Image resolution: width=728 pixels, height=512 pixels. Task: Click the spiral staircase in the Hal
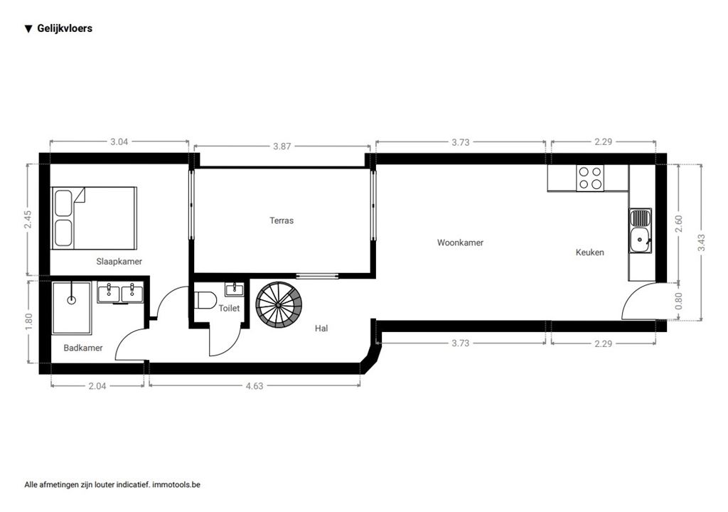point(279,305)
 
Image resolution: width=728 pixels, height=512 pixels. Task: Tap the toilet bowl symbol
point(205,299)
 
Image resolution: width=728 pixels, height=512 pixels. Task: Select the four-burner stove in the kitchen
point(590,178)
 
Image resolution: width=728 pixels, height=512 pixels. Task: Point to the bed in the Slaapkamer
point(94,218)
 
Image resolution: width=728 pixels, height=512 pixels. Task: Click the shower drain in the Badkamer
point(72,299)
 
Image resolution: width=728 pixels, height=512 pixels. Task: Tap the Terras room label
point(282,220)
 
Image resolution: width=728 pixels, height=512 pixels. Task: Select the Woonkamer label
point(460,242)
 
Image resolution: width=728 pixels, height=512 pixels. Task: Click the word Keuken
point(589,252)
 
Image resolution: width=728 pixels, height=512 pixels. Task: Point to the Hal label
point(321,329)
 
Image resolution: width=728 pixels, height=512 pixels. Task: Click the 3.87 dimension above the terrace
point(282,146)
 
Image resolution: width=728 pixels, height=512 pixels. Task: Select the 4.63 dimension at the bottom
point(255,385)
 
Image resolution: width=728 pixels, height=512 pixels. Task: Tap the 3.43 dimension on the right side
point(701,242)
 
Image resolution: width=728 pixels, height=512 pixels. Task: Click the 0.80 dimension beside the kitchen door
point(679,301)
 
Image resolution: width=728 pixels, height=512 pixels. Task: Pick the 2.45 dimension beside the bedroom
point(28,219)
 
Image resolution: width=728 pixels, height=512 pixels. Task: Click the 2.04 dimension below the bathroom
point(97,385)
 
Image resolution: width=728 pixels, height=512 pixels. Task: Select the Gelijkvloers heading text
point(65,28)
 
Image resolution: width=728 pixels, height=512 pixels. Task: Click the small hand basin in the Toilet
point(235,289)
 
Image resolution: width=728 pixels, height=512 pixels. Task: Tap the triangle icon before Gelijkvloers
point(28,29)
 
